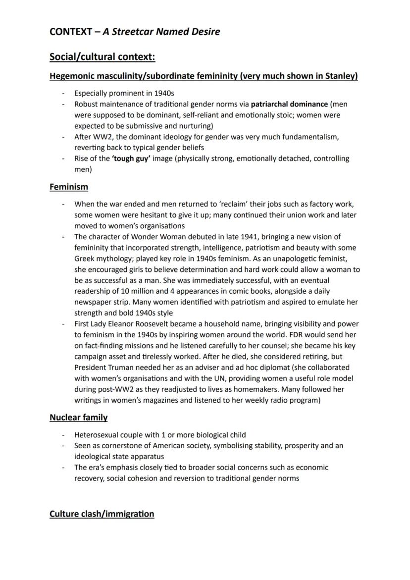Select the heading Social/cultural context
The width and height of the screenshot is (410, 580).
point(102,57)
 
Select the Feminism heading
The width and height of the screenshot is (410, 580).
point(69,187)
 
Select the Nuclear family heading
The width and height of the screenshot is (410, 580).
point(78,418)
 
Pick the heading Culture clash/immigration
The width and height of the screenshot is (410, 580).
point(102,514)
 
